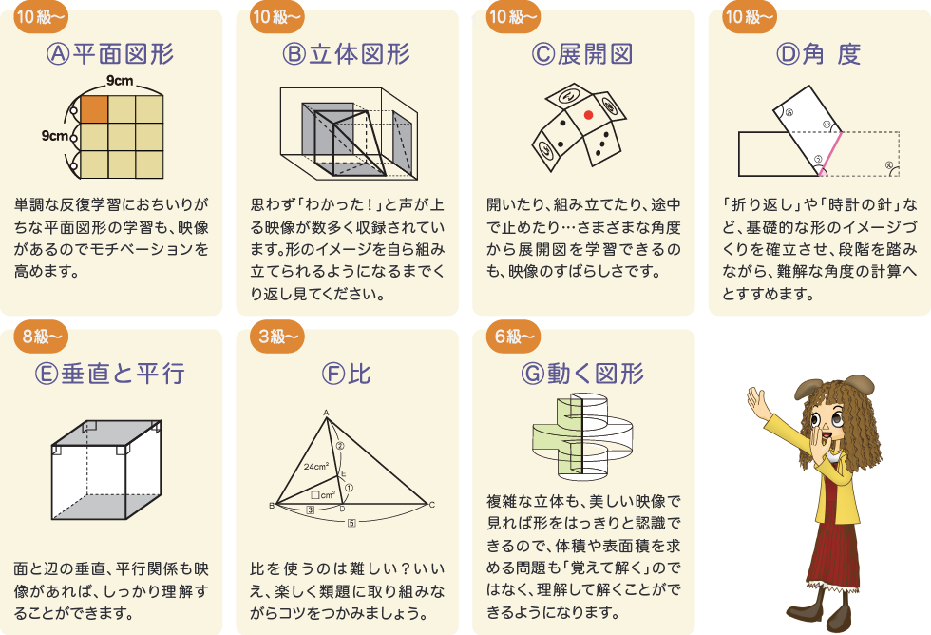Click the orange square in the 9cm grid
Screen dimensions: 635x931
tap(94, 108)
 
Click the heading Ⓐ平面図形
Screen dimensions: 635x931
tap(110, 54)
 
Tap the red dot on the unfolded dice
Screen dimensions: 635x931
tap(588, 115)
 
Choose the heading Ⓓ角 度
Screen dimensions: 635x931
tap(819, 54)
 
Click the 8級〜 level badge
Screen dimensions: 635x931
tap(43, 337)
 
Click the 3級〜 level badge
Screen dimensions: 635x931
tap(278, 337)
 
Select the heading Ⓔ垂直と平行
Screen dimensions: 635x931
tap(110, 374)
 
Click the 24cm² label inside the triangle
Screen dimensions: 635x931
tap(316, 467)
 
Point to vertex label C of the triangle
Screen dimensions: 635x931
tap(432, 504)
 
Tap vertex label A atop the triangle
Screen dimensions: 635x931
tap(326, 413)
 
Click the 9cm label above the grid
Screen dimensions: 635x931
tap(120, 80)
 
